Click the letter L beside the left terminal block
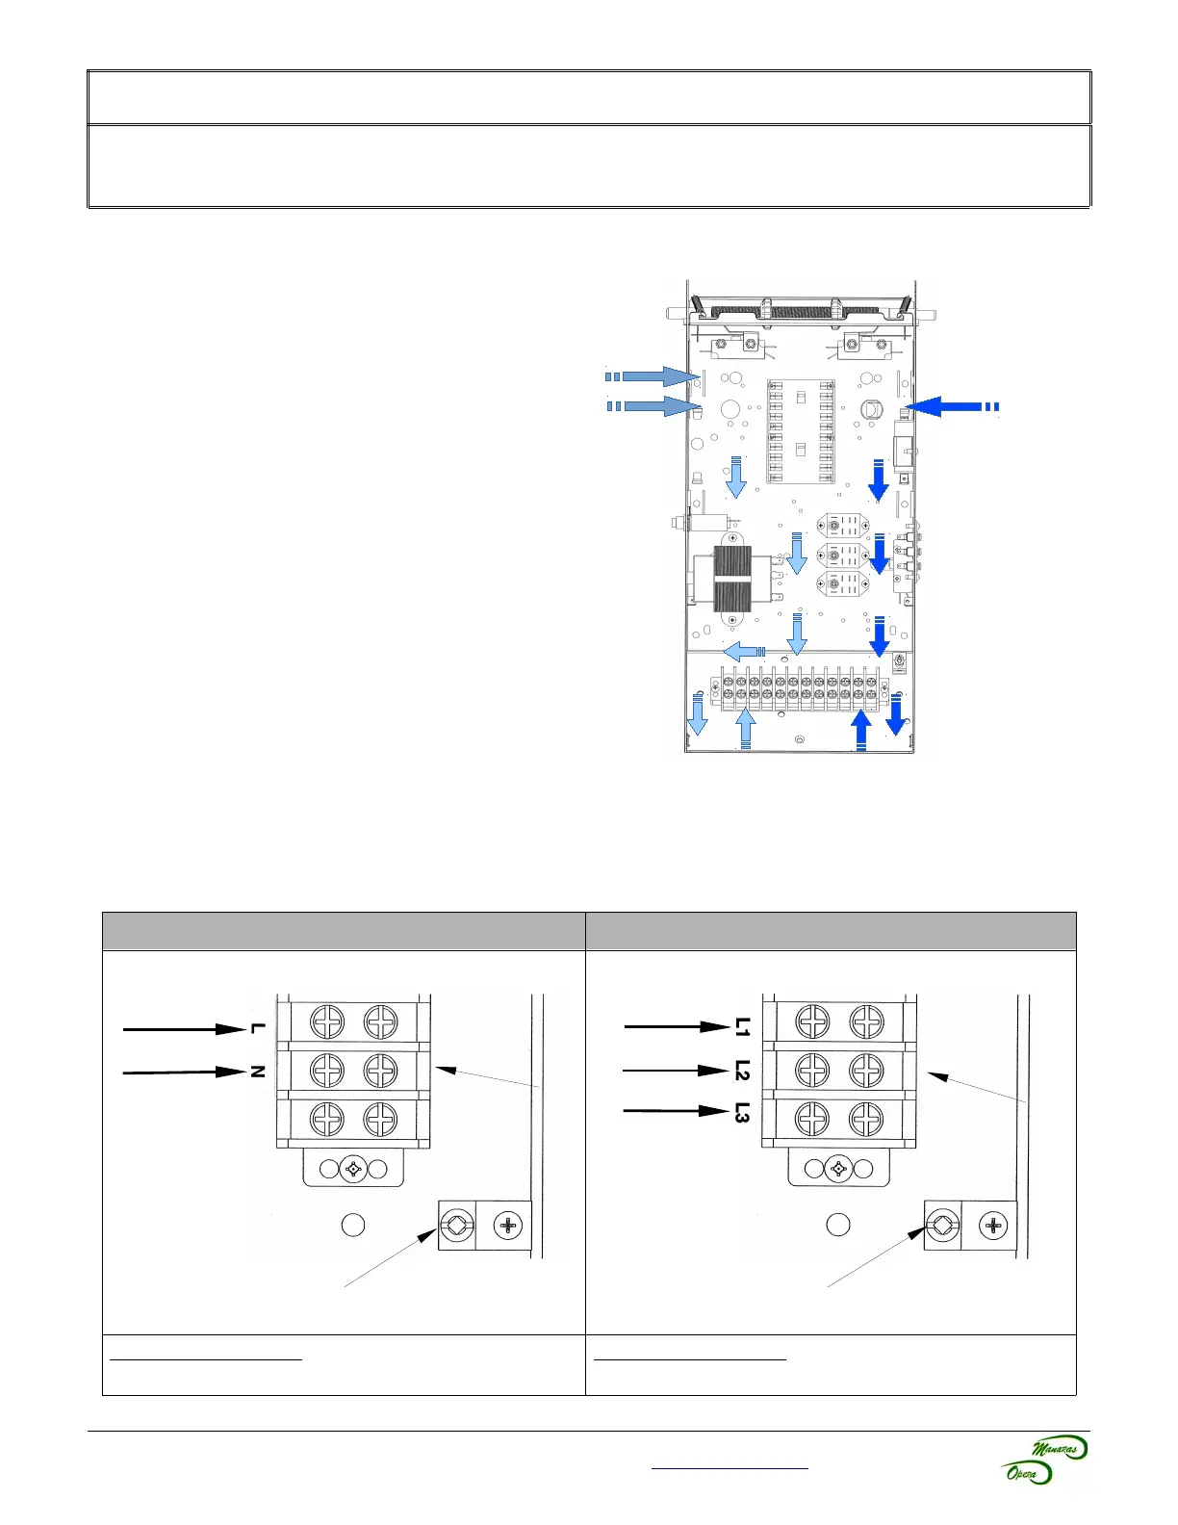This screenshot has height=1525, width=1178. (256, 1028)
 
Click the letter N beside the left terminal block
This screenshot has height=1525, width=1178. (257, 1071)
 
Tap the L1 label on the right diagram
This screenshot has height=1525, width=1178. (742, 1027)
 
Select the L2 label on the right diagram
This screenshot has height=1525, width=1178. (742, 1070)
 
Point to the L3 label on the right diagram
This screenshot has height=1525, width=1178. (742, 1112)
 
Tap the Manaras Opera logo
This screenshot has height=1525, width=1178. (1044, 1460)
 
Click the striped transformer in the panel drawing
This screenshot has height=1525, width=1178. (732, 580)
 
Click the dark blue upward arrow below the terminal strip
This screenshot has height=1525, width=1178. (861, 728)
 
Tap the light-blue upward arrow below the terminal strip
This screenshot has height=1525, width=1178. (745, 728)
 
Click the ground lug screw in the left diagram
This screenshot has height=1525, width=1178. (454, 1226)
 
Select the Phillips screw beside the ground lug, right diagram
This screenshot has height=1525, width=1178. (992, 1226)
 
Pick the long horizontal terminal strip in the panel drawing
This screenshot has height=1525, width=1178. (799, 688)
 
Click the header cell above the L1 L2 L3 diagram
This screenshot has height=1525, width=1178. (831, 931)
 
